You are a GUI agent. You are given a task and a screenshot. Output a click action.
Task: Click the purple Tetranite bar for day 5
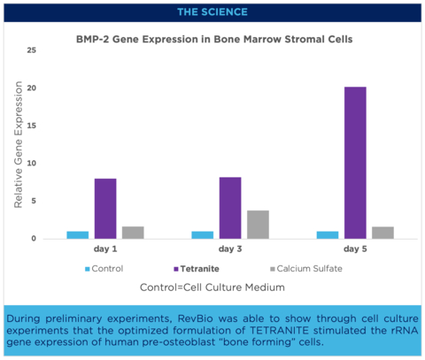click(355, 163)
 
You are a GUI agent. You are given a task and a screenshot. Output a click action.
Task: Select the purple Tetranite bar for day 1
click(105, 209)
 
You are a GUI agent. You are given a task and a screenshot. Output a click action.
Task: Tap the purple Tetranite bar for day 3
click(230, 208)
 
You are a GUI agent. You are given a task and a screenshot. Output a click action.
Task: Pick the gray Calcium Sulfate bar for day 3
click(258, 225)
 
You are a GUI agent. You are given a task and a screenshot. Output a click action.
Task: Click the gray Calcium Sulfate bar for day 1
click(133, 233)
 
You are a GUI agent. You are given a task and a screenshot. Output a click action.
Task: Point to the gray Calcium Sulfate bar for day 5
click(382, 233)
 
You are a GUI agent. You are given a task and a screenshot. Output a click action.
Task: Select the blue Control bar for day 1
click(78, 235)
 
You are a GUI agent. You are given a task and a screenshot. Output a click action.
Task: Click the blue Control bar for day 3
click(203, 235)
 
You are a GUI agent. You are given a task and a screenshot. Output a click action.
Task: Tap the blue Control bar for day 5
click(328, 235)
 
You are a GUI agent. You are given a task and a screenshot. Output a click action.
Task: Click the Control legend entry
click(104, 268)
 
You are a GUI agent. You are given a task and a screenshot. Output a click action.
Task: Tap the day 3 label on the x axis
click(230, 249)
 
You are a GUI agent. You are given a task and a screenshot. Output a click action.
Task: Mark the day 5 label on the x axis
click(355, 249)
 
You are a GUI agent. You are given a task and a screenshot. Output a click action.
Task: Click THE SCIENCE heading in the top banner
click(212, 11)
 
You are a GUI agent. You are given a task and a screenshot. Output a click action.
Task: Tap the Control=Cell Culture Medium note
click(212, 288)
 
